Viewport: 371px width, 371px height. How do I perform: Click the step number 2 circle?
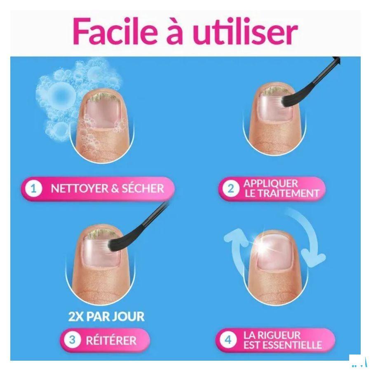click(x=231, y=189)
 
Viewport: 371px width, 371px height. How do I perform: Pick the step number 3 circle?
click(x=73, y=340)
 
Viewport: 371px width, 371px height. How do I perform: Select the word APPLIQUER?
click(x=270, y=183)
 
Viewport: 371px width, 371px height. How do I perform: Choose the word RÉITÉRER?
click(x=111, y=340)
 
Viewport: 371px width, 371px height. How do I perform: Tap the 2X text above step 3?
click(x=76, y=317)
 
